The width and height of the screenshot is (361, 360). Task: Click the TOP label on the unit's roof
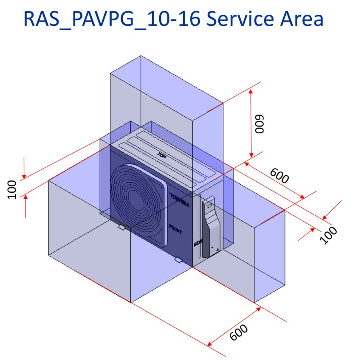(161, 155)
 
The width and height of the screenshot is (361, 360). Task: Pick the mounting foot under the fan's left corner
(121, 228)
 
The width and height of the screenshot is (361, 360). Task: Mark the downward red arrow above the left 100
(25, 174)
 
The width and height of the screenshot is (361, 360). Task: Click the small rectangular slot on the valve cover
(209, 205)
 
